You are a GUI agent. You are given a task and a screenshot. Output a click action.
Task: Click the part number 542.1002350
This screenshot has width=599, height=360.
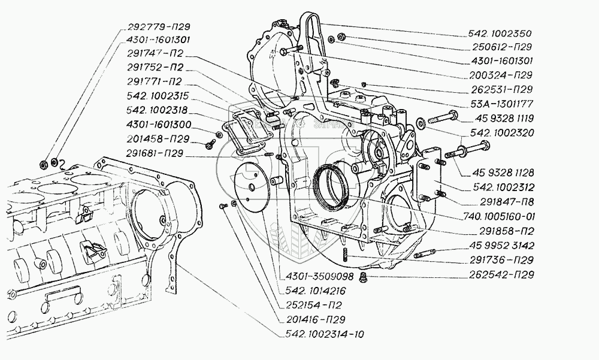tap(500, 34)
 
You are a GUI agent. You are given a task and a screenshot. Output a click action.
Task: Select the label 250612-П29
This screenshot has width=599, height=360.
tap(502, 47)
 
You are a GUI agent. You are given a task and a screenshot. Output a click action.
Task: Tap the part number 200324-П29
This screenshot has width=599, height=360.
tap(501, 75)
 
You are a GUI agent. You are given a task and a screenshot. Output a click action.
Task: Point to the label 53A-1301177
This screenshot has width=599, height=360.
tap(501, 104)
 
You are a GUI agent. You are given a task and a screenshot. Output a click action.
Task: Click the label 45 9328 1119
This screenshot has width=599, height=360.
tap(504, 119)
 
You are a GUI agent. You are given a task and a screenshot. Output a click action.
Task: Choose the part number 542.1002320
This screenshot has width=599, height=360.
tap(502, 133)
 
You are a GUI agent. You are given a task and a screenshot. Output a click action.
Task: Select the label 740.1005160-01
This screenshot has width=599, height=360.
tap(499, 217)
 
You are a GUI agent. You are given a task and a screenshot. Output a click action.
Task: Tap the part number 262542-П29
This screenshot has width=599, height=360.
tap(501, 275)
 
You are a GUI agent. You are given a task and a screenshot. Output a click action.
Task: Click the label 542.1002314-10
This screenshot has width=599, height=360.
tap(325, 334)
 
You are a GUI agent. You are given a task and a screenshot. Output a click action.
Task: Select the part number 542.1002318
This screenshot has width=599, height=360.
tap(157, 110)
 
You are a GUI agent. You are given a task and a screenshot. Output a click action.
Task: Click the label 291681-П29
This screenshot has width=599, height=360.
tap(155, 153)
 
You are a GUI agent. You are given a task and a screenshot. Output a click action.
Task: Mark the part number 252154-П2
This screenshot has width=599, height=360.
tap(314, 305)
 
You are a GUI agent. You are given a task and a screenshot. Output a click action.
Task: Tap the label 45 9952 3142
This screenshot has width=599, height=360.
tap(502, 246)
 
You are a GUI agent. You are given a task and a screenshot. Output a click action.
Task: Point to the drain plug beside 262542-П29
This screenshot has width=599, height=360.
tap(362, 278)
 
